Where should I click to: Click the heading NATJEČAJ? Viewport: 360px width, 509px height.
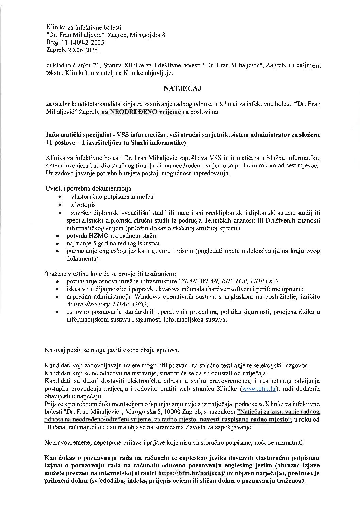(183, 89)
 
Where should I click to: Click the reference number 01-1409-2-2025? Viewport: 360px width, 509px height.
(82, 43)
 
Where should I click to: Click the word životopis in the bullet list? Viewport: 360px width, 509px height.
(83, 205)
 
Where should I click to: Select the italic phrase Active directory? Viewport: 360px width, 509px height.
(85, 304)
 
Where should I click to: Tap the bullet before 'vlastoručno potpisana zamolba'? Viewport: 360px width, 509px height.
(60, 197)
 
